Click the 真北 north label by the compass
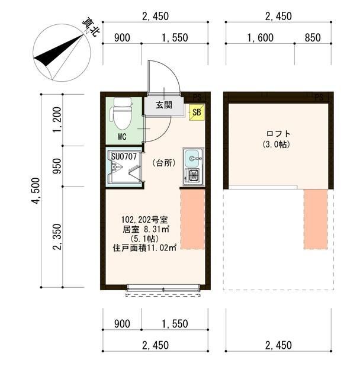pos(91,28)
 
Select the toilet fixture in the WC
pos(122,114)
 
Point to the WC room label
pos(121,137)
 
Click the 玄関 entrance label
pos(164,106)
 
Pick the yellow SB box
pos(196,112)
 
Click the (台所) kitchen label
pos(163,162)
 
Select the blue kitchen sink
pos(192,158)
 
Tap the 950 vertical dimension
pos(57,166)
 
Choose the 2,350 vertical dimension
pos(57,237)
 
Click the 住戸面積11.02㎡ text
pos(145,248)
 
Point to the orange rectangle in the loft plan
pos(315,219)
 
